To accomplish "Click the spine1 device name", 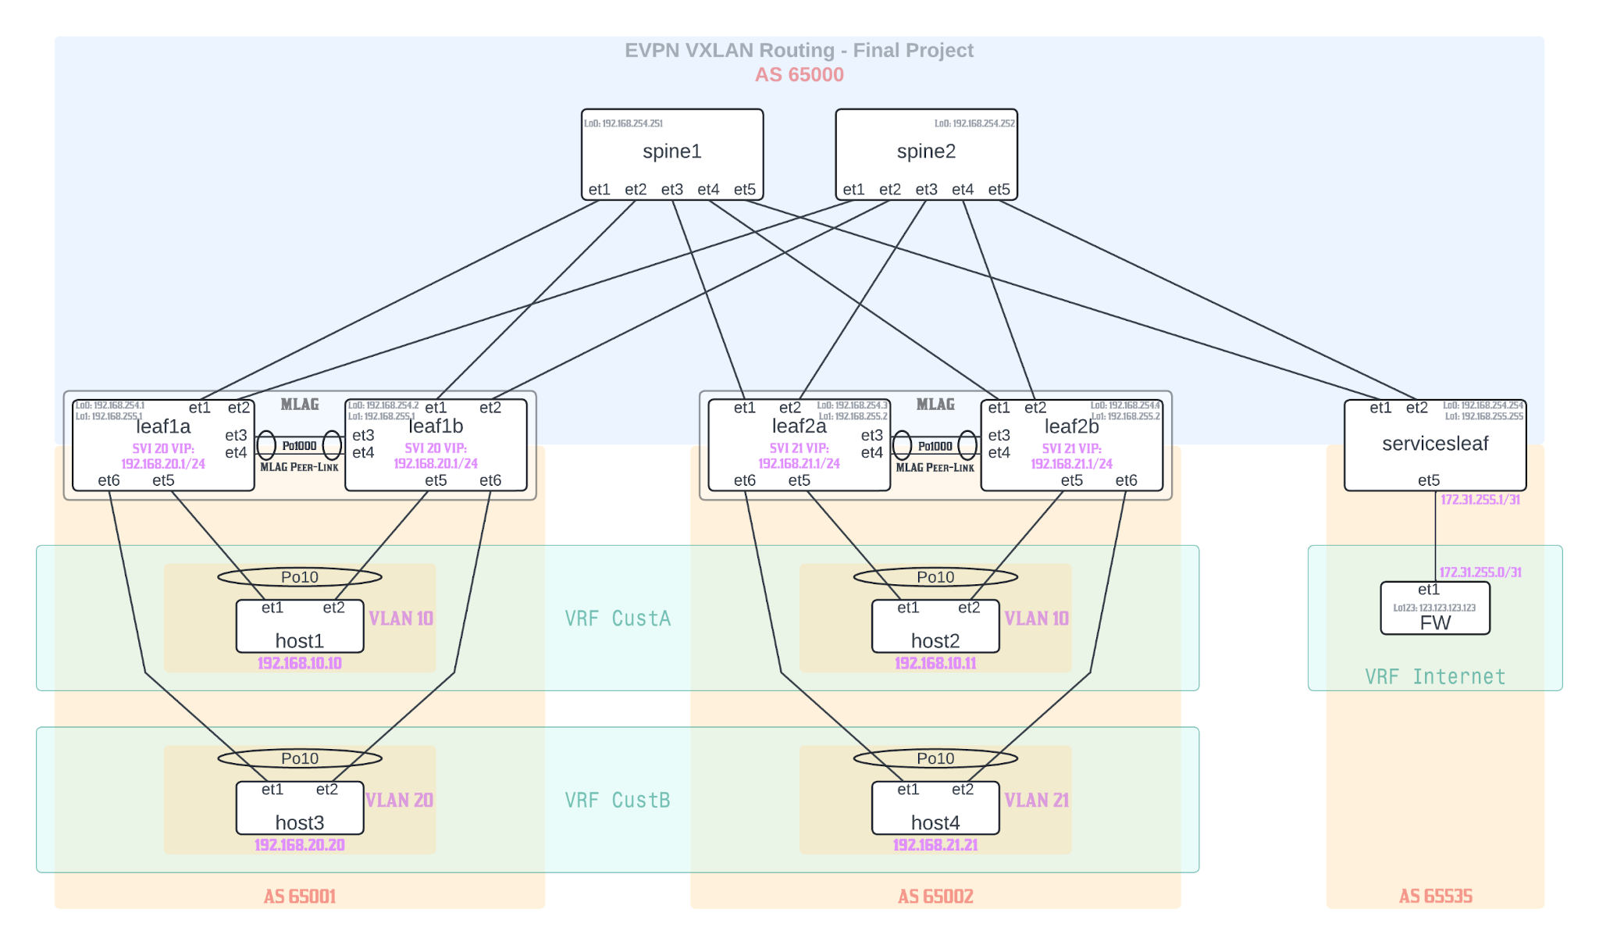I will point(671,152).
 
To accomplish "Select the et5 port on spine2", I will point(999,190).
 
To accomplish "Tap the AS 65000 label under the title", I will point(799,75).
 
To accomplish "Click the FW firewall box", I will point(1434,609).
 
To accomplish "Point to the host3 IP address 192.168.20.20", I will point(299,845).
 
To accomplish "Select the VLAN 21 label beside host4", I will point(1036,801).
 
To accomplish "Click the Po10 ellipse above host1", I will point(299,577).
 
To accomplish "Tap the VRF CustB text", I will point(617,801).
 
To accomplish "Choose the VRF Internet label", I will point(1434,676).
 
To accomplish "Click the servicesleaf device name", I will point(1434,444).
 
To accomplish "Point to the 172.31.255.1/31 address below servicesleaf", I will point(1480,500).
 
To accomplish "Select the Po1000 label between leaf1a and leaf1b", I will point(299,446).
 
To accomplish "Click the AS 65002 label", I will point(935,897).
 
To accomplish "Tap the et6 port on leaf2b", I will point(1126,480).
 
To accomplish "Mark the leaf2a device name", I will point(799,426).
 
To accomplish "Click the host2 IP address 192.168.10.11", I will point(935,664).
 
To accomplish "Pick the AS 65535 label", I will point(1434,897).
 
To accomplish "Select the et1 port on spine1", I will point(599,190).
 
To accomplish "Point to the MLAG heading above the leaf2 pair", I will point(935,405).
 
